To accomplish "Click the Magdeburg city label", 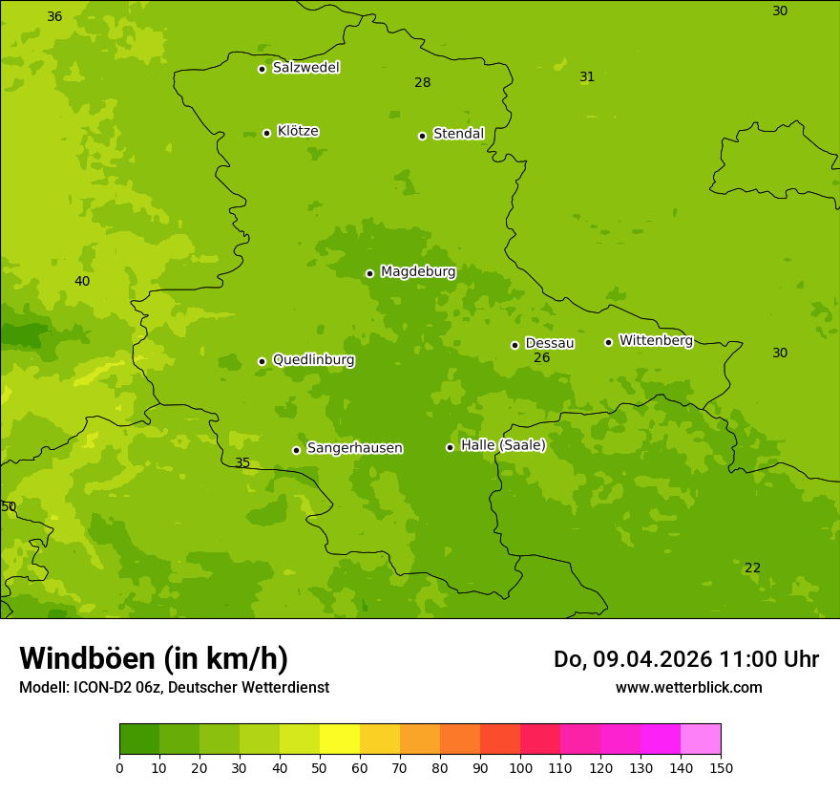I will click(417, 272).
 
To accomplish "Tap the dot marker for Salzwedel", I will click(262, 69).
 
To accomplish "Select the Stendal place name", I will click(458, 134).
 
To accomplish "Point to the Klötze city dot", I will click(266, 133).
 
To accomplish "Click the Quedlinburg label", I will click(313, 360).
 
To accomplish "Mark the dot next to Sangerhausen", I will click(296, 450).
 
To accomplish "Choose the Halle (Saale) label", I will click(503, 445).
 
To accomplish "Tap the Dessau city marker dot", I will click(514, 345).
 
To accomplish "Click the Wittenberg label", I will click(656, 340).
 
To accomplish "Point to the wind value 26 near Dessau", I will click(541, 358).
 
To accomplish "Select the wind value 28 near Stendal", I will click(422, 83).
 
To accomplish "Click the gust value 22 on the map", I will click(752, 568).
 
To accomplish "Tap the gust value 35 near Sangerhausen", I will click(242, 463).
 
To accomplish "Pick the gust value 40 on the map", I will click(82, 282).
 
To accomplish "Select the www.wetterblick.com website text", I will click(688, 688).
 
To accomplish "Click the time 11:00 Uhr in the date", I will click(769, 659).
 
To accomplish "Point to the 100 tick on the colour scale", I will click(520, 767).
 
